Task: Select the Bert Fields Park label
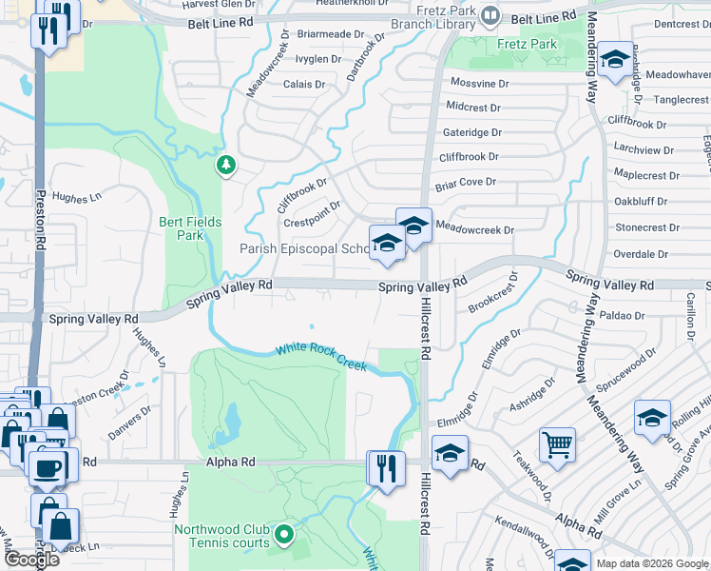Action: coord(190,228)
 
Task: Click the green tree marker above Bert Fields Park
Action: coord(226,167)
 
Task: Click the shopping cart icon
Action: coord(556,443)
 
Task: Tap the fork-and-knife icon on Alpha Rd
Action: coord(386,468)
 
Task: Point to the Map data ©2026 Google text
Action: coord(651,563)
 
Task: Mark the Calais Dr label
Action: coord(304,84)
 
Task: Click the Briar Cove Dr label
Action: coord(466,182)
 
